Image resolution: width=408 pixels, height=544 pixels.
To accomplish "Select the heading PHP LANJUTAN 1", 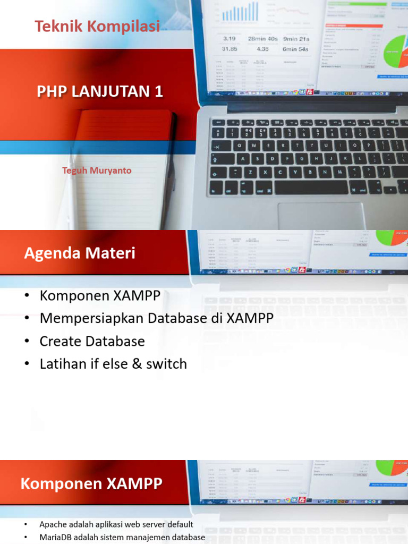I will coord(100,91).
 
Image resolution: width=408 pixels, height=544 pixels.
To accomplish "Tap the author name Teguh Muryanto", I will coord(97,171).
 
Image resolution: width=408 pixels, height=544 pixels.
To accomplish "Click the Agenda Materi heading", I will coord(80,253).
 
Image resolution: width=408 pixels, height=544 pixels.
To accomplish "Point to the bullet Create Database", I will coord(92,341).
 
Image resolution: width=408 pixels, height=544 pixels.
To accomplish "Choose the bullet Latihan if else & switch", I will coord(113,364).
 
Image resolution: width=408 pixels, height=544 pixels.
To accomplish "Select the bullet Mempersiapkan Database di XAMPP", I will coord(157,318).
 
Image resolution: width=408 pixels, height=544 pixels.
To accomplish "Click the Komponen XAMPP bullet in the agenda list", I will coord(100,295).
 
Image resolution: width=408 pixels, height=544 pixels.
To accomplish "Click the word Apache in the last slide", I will coord(53,524).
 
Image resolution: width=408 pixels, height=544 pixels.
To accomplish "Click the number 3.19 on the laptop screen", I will coord(229,39).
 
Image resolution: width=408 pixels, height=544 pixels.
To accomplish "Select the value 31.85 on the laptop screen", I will coord(229,49).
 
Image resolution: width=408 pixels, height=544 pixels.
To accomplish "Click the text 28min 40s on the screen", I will coord(262,39).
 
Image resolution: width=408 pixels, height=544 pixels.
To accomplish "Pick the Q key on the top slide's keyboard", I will coord(240,145).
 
